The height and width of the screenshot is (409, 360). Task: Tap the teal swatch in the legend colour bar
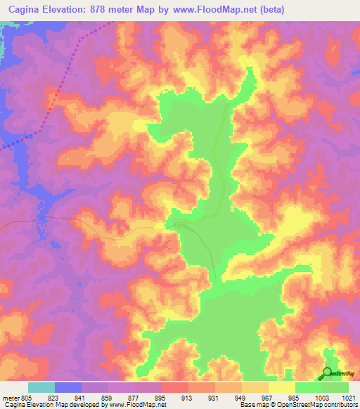(41, 387)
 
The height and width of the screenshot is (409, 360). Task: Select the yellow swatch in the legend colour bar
(281, 387)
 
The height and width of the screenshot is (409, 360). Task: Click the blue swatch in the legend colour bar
(68, 387)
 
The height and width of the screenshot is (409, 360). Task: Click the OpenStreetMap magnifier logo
(328, 373)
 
